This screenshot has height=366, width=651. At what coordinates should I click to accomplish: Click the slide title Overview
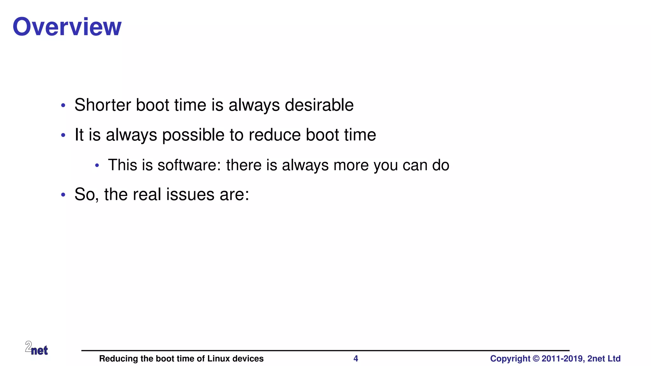(67, 27)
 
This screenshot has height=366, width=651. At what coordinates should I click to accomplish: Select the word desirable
(319, 105)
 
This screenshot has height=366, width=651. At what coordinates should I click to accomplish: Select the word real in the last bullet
(147, 194)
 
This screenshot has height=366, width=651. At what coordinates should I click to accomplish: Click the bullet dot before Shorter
(63, 105)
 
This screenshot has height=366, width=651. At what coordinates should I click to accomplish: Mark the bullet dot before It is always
(63, 135)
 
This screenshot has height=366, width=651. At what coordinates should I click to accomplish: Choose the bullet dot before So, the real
(63, 195)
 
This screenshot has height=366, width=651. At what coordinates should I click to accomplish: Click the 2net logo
(37, 348)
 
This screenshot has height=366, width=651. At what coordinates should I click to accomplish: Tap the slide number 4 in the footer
(356, 359)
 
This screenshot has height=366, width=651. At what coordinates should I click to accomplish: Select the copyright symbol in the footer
(536, 359)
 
